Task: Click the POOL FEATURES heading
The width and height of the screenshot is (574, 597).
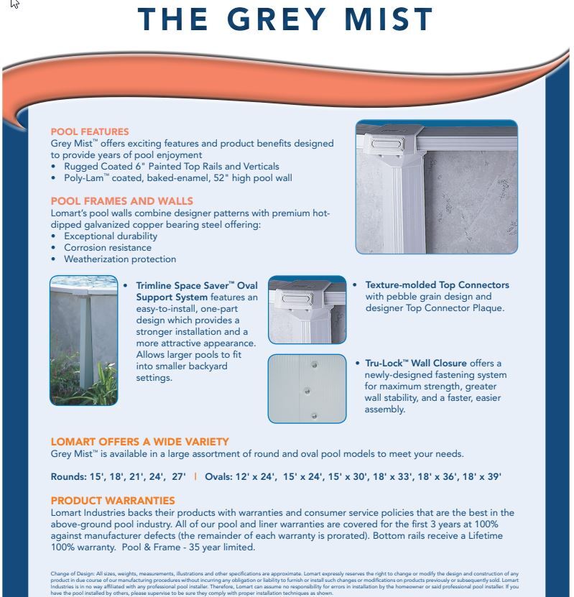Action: (90, 131)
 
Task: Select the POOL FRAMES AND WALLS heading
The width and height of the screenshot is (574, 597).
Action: (121, 201)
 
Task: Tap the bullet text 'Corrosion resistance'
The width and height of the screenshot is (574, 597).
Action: (108, 248)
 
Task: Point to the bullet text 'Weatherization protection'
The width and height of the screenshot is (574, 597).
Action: (120, 259)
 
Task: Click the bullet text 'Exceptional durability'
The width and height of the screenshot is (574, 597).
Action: (111, 236)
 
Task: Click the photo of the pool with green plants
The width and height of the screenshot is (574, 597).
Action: (84, 341)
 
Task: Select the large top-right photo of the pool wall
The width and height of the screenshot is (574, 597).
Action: (436, 187)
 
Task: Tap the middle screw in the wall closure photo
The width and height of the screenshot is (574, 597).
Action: (307, 391)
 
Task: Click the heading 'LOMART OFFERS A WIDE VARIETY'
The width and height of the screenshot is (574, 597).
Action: (140, 442)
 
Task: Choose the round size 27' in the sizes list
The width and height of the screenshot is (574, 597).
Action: (179, 477)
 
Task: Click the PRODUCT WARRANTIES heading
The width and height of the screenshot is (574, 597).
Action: (113, 500)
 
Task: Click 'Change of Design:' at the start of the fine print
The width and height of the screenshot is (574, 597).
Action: (68, 573)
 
